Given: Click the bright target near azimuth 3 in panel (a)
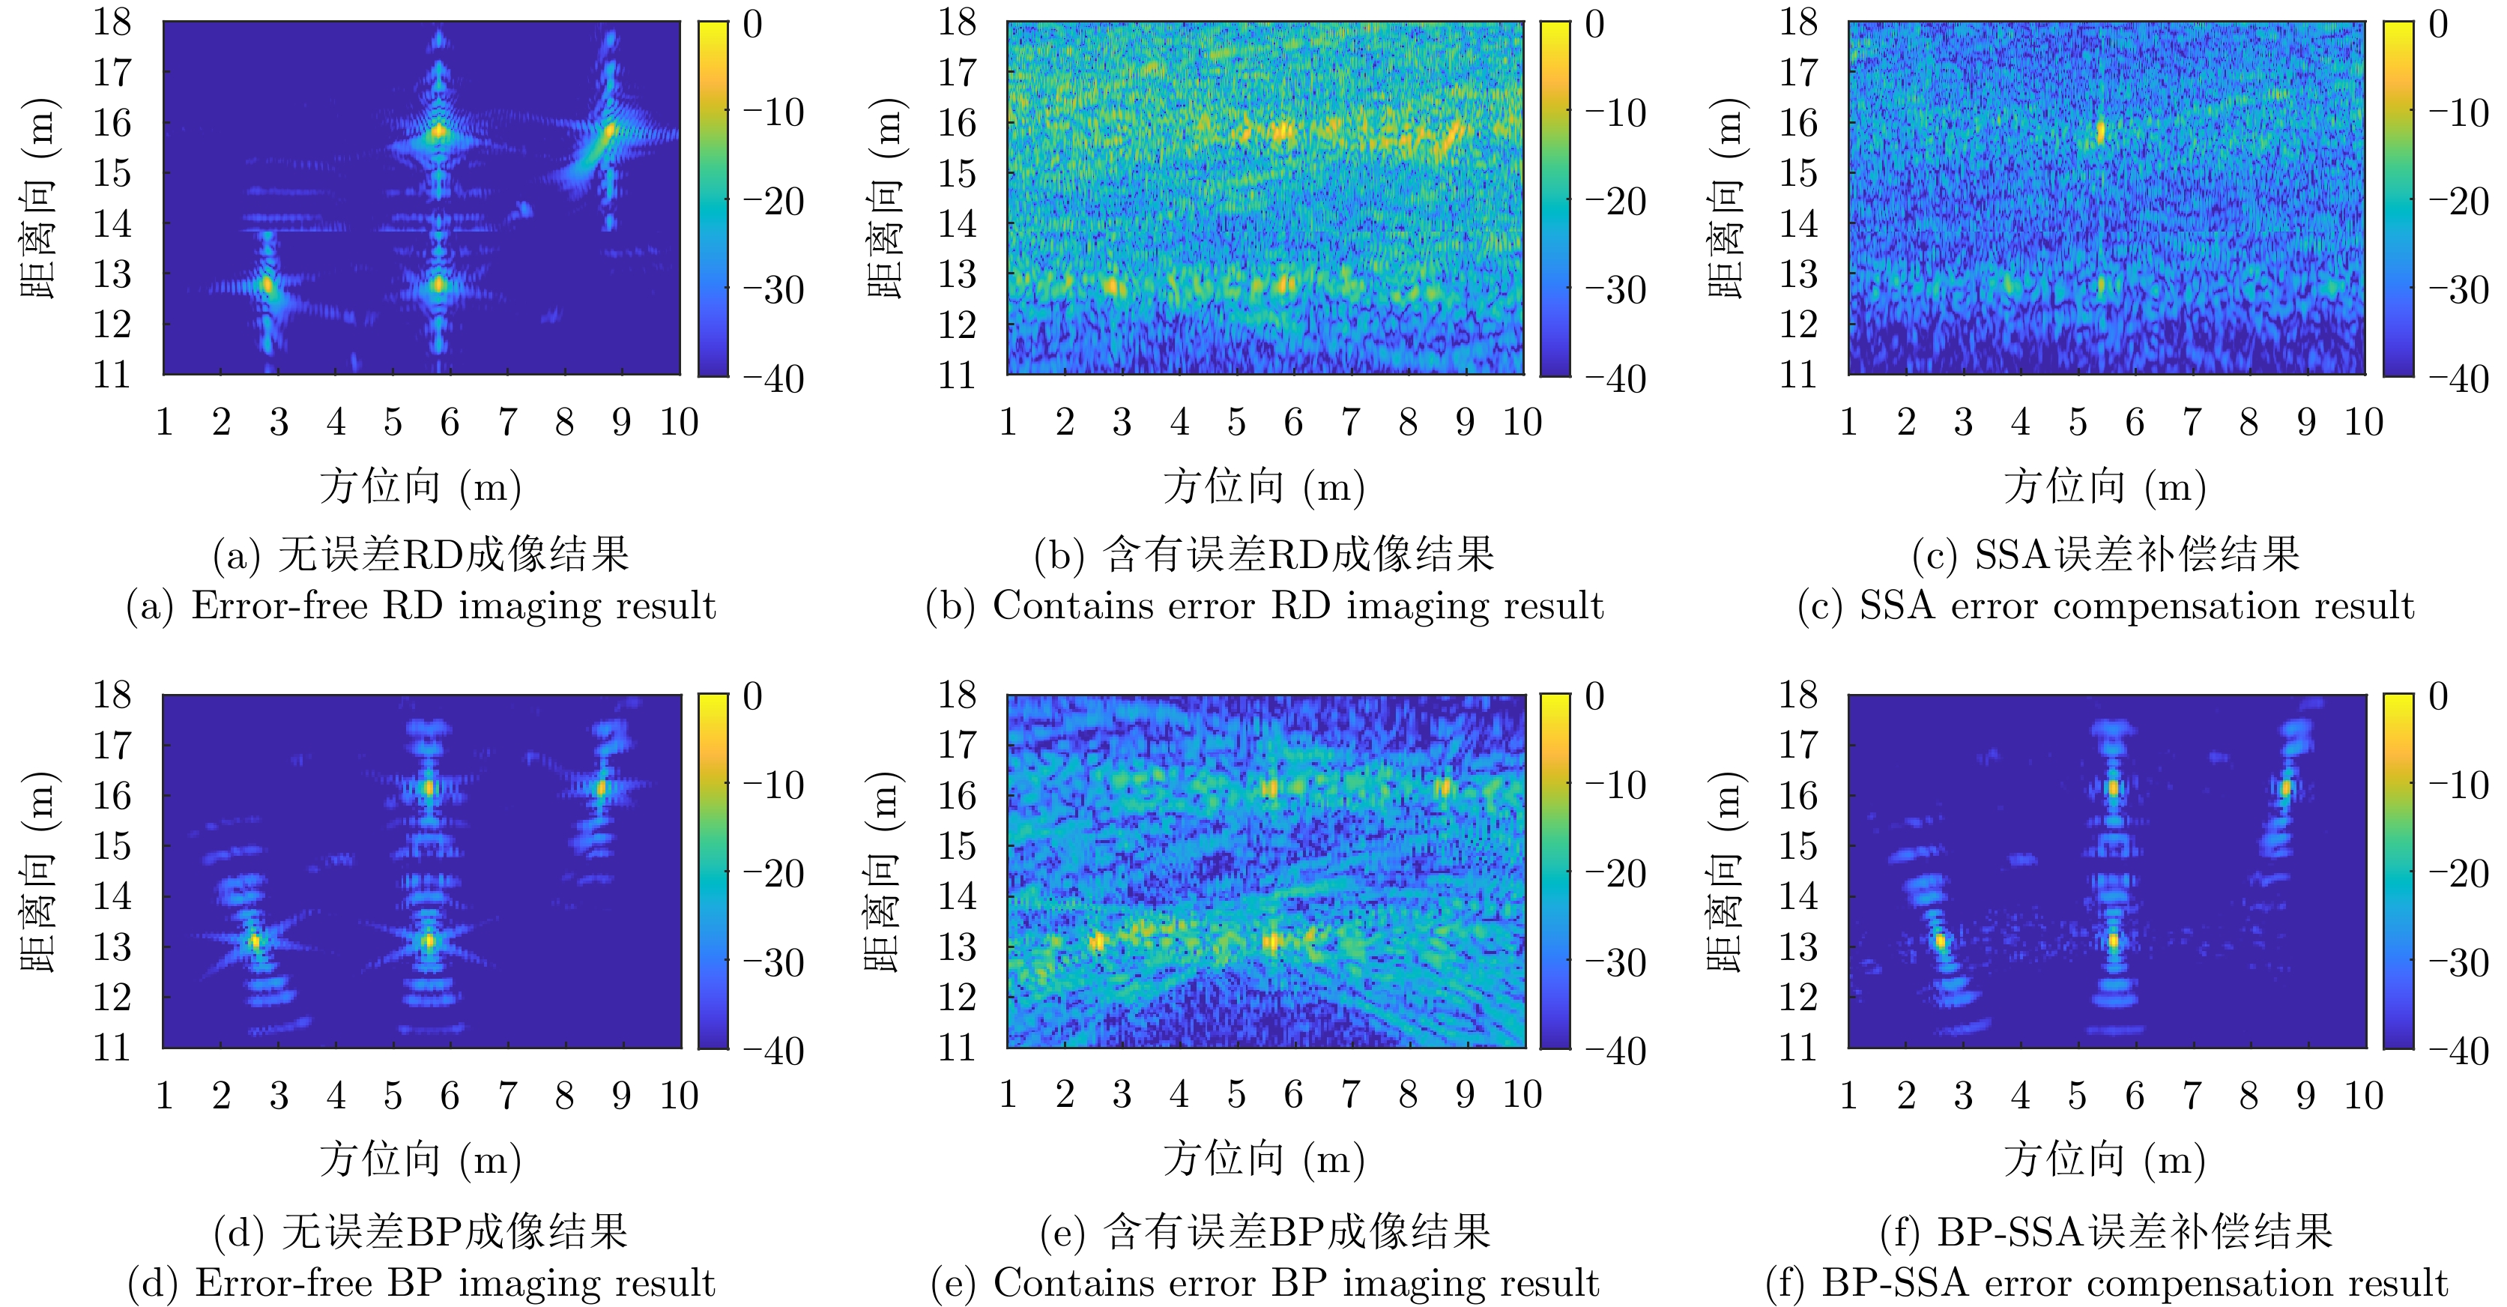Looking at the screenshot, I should (268, 285).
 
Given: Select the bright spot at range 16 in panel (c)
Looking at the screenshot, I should (2100, 131).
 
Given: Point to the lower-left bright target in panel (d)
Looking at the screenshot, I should (255, 941).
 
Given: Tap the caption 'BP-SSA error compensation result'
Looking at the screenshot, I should (2106, 1284).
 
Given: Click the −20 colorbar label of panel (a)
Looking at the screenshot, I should (774, 202).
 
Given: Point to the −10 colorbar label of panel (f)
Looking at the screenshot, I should (2458, 785).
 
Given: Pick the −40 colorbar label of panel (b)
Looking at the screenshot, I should (1615, 379).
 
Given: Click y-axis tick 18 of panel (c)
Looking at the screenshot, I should (1797, 22).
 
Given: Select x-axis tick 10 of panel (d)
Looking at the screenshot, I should (678, 1096).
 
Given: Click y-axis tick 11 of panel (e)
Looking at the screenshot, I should (956, 1048).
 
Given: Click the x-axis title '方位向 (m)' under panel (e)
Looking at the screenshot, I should (1264, 1159).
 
